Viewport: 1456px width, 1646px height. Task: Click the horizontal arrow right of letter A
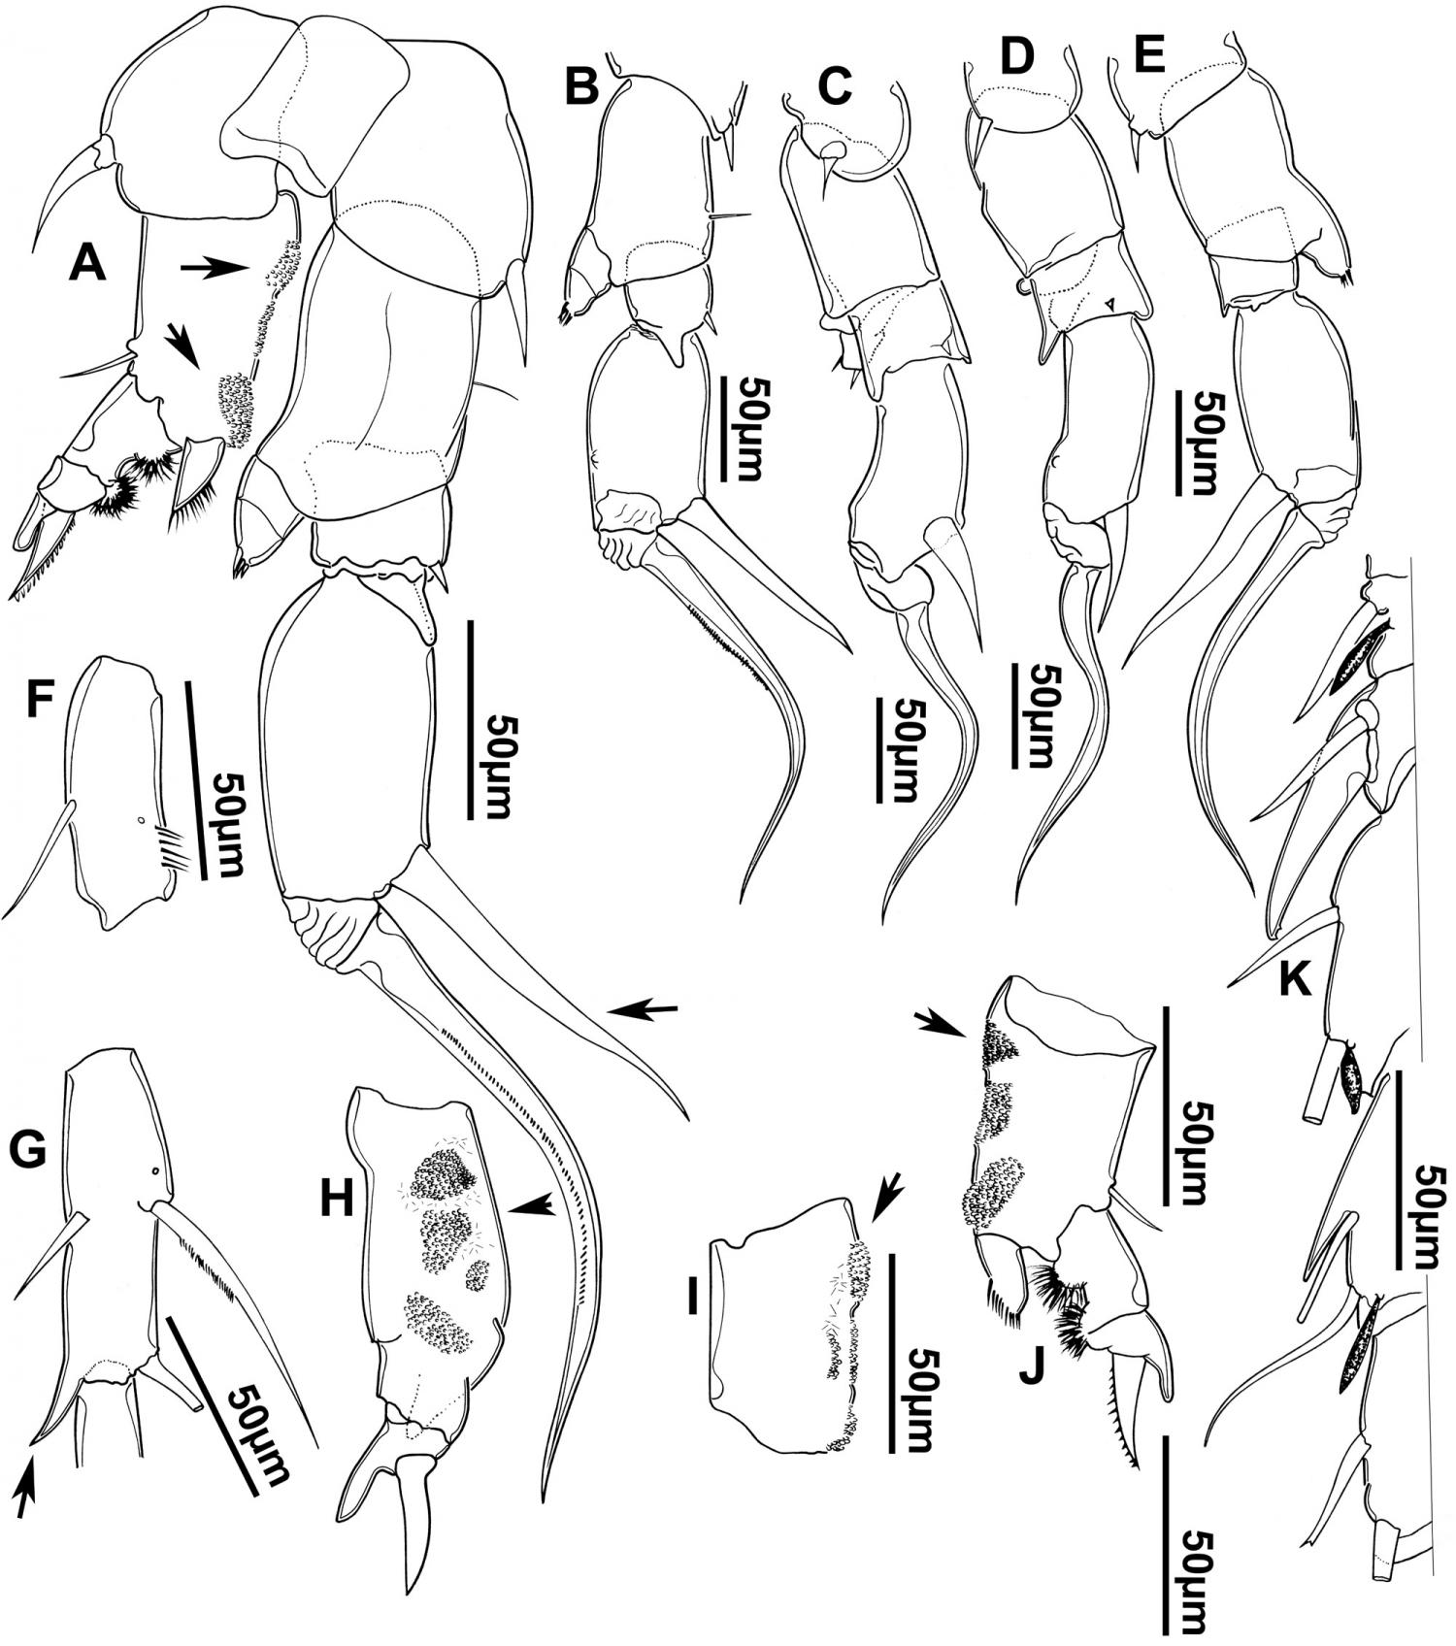click(215, 266)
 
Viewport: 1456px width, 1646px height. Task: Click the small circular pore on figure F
click(142, 822)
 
